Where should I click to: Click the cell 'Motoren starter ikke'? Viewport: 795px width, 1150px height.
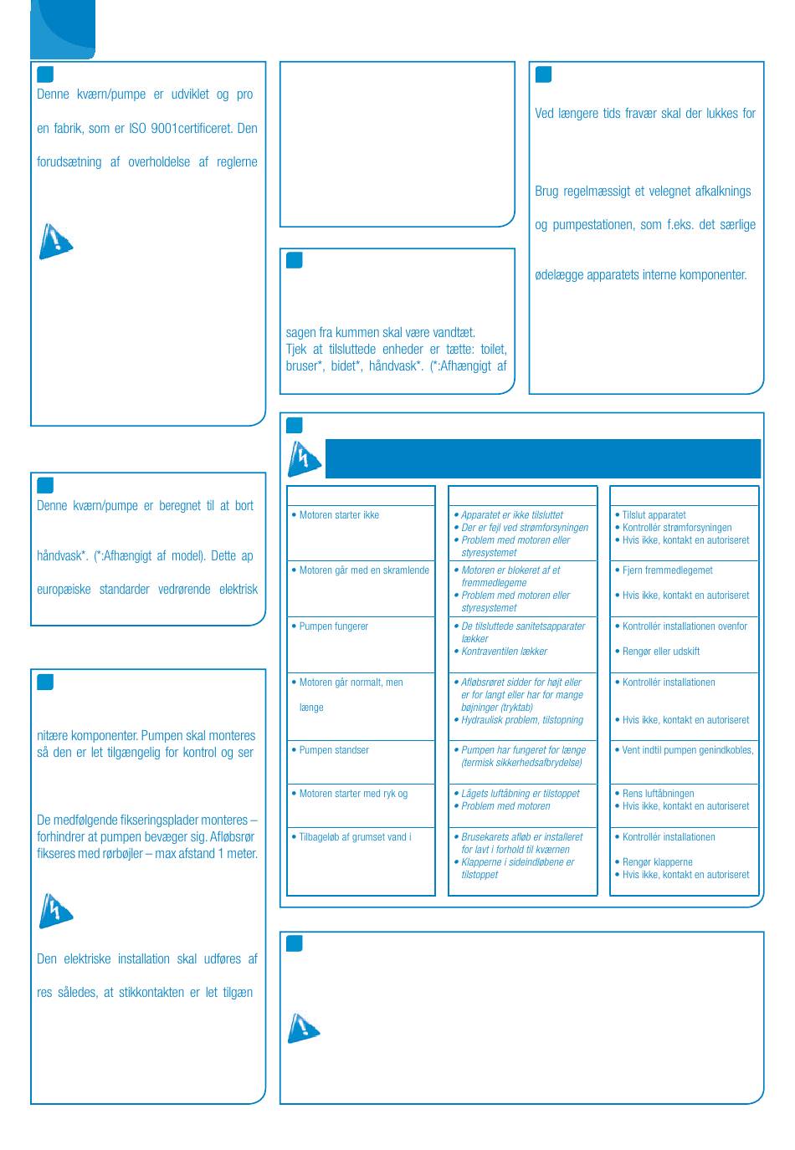[339, 515]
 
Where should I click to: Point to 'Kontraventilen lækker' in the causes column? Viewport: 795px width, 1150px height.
[505, 652]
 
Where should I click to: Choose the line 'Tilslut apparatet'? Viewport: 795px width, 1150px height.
[654, 515]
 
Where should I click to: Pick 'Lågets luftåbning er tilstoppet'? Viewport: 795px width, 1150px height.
[521, 794]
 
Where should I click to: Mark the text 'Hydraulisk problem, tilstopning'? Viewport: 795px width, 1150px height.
[522, 720]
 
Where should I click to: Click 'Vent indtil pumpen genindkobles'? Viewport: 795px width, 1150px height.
[687, 750]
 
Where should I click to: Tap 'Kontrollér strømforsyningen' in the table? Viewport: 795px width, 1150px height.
[677, 528]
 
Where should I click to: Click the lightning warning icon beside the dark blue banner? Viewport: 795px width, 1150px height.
[304, 458]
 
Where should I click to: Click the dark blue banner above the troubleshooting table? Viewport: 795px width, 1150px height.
[542, 458]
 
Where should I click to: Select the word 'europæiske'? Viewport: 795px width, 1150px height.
[64, 590]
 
